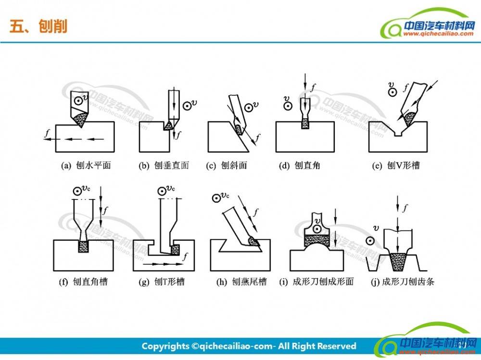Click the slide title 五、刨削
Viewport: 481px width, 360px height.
point(38,26)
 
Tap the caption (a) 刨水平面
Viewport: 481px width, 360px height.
point(86,166)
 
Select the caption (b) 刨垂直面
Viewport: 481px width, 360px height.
point(164,166)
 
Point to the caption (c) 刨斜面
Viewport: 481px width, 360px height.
point(227,166)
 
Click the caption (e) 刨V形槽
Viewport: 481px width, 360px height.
point(396,166)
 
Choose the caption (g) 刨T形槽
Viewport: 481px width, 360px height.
point(162,282)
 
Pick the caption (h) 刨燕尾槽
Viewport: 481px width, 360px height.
point(242,282)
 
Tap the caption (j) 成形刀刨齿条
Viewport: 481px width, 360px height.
point(403,282)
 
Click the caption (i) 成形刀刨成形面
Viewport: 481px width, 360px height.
point(316,282)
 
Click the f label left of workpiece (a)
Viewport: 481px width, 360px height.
point(47,133)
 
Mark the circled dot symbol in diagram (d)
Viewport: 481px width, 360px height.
point(288,106)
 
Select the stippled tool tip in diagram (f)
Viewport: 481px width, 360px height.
point(83,247)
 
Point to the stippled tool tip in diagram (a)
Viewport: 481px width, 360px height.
point(81,119)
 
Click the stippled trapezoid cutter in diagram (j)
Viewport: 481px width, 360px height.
point(398,261)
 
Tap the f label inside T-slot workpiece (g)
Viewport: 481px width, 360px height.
point(185,256)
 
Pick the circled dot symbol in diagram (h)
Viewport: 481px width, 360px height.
point(216,198)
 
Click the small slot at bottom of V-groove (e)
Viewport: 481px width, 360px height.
point(398,134)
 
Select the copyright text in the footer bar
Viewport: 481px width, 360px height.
point(249,346)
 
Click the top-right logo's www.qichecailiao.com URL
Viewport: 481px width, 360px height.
point(438,34)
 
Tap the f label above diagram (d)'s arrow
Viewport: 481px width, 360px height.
point(313,88)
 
